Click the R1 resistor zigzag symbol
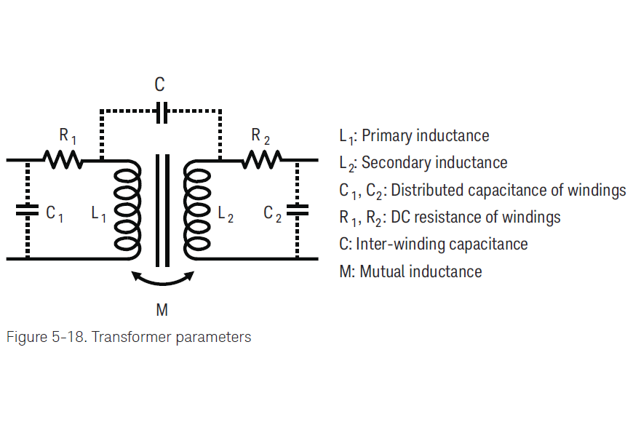[62, 159]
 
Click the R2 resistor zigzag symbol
[261, 159]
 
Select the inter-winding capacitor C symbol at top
[162, 112]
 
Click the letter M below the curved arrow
[162, 311]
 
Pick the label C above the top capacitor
[160, 85]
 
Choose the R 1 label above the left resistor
[67, 135]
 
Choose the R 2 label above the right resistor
[260, 135]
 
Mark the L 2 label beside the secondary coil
[226, 214]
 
